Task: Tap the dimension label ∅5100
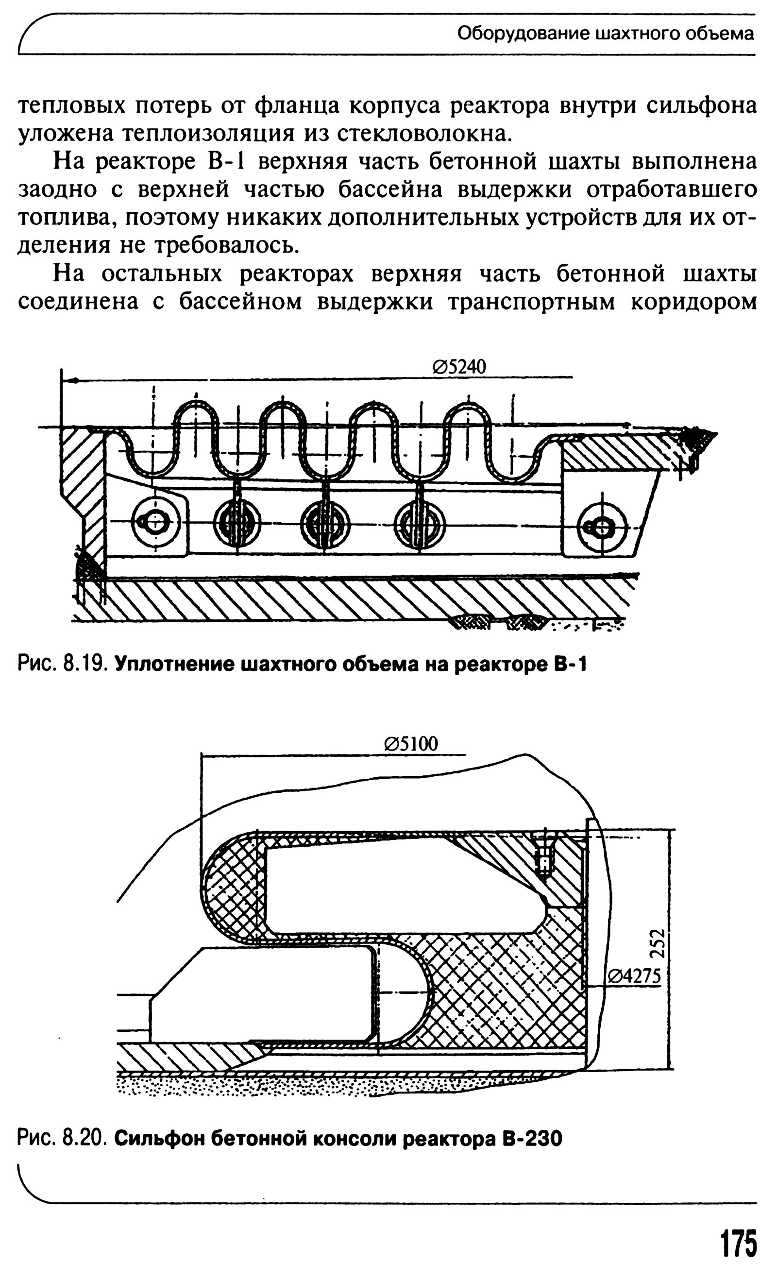[x=411, y=744]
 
